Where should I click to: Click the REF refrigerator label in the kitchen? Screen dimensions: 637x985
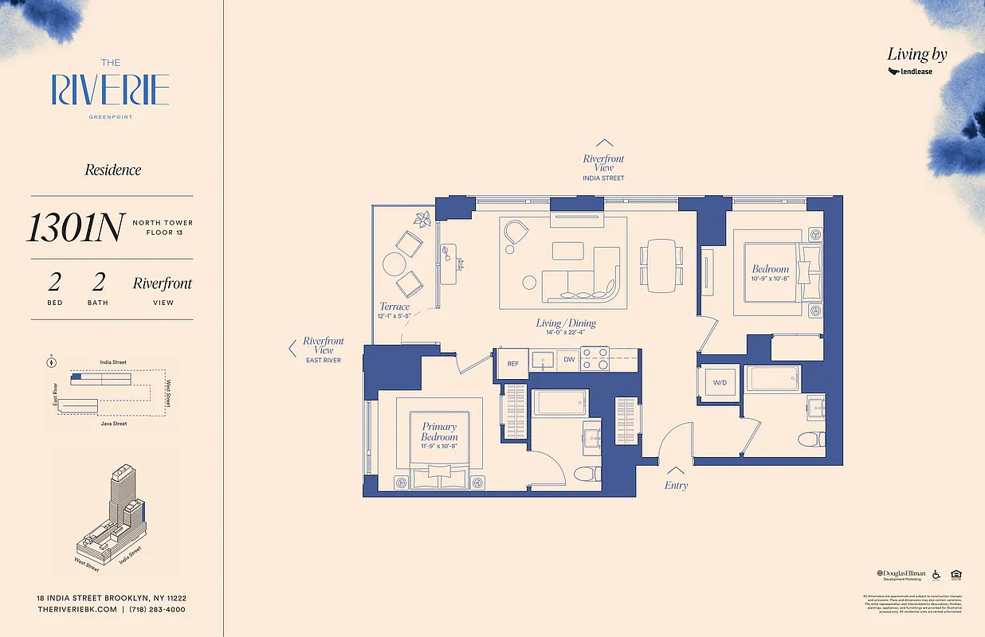point(512,363)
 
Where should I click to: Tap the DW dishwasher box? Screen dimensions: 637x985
point(568,360)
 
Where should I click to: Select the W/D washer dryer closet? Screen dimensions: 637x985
point(720,383)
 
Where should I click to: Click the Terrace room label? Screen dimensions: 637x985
point(394,307)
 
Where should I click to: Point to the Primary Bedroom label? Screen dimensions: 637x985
point(439,432)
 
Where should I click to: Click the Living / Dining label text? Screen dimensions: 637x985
point(567,323)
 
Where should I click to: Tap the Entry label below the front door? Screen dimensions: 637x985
point(676,485)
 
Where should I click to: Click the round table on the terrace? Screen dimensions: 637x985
point(394,264)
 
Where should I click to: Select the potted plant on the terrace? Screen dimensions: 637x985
point(422,218)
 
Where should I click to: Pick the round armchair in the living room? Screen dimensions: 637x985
point(516,233)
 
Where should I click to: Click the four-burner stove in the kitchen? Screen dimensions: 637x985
point(594,360)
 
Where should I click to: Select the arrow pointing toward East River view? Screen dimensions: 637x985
point(292,348)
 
